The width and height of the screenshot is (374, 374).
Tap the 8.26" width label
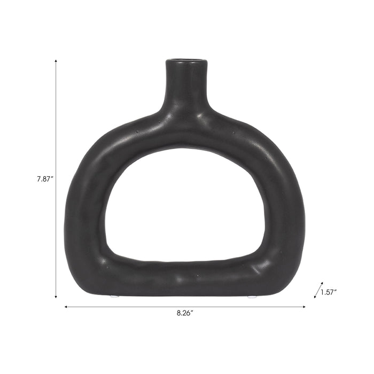[185, 314]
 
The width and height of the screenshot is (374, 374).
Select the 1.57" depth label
[329, 292]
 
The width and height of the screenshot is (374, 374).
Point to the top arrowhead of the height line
[56, 61]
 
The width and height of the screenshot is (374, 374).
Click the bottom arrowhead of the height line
[56, 297]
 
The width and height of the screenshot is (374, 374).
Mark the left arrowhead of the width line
[66, 307]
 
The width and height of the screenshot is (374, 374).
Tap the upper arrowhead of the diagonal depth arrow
[322, 283]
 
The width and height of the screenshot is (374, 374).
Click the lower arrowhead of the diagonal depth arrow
[315, 297]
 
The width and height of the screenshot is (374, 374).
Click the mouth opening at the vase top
[185, 60]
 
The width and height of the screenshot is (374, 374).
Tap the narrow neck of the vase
[185, 85]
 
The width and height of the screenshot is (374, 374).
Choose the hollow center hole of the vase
[184, 206]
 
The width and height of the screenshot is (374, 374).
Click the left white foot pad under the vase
[113, 295]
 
